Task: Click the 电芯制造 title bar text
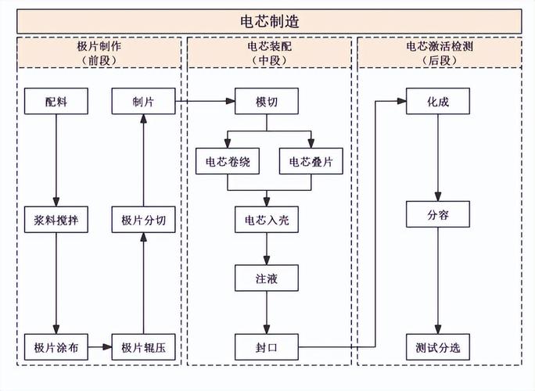click(x=268, y=20)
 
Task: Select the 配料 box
click(x=56, y=102)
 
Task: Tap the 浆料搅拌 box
click(x=56, y=221)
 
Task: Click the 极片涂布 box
click(x=56, y=346)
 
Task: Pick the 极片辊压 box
click(x=143, y=346)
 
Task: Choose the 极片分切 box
click(x=143, y=221)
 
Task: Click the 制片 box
click(x=143, y=102)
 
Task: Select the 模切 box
click(x=267, y=102)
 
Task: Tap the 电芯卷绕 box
click(x=227, y=162)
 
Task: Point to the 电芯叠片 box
click(x=311, y=162)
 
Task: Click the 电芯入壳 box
click(x=267, y=221)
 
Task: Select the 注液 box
click(x=267, y=278)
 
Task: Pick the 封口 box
click(x=267, y=346)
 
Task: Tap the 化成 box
click(x=438, y=102)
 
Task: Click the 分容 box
click(x=438, y=214)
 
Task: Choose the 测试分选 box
click(x=438, y=346)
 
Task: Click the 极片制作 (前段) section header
click(x=99, y=52)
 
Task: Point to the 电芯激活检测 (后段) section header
click(x=439, y=52)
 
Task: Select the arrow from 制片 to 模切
click(x=205, y=102)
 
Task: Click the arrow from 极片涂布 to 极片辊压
click(x=99, y=346)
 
